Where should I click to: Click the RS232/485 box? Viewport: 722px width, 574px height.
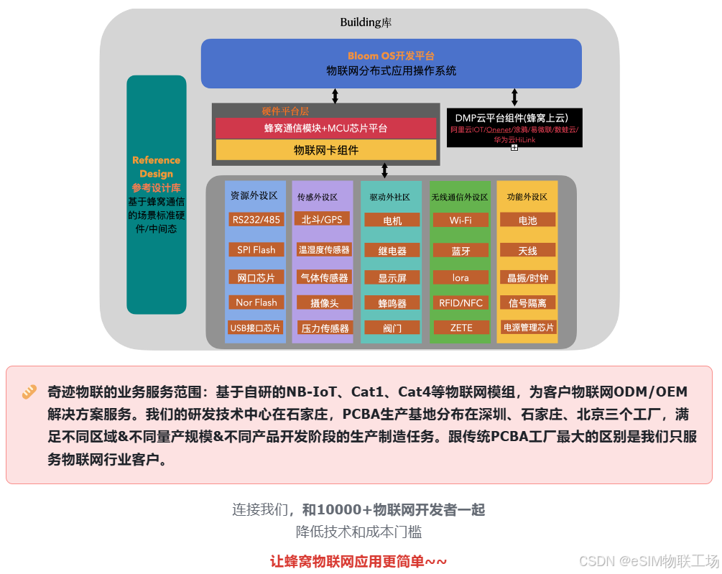pyautogui.click(x=256, y=220)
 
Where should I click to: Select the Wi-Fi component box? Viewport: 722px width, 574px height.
pyautogui.click(x=460, y=220)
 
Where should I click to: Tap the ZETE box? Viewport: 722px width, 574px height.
pyautogui.click(x=460, y=328)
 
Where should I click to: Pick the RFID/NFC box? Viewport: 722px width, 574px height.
pyautogui.click(x=460, y=303)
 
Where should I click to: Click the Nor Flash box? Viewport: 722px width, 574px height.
pyautogui.click(x=256, y=302)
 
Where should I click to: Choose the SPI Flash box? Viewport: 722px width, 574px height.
pyautogui.click(x=256, y=250)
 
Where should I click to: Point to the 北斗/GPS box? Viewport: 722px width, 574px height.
pyautogui.click(x=323, y=220)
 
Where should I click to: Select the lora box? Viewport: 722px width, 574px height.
pyautogui.click(x=460, y=278)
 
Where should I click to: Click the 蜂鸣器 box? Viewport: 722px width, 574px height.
pyautogui.click(x=392, y=303)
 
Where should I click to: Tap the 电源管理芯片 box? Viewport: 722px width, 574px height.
pyautogui.click(x=528, y=328)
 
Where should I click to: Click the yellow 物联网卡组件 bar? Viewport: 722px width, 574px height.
pyautogui.click(x=326, y=150)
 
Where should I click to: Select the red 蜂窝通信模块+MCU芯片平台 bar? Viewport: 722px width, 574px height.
pyautogui.click(x=326, y=129)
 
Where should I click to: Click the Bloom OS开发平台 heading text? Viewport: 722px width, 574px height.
pyautogui.click(x=391, y=56)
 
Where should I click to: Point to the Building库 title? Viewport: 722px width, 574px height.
pyautogui.click(x=366, y=22)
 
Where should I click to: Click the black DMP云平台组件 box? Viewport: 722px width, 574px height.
pyautogui.click(x=514, y=128)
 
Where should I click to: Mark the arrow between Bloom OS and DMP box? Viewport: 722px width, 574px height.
pyautogui.click(x=514, y=97)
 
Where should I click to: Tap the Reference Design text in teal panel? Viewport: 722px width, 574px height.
pyautogui.click(x=156, y=167)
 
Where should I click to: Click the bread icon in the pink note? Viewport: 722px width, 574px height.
pyautogui.click(x=29, y=392)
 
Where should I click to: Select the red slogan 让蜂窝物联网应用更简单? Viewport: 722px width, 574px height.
pyautogui.click(x=358, y=561)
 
